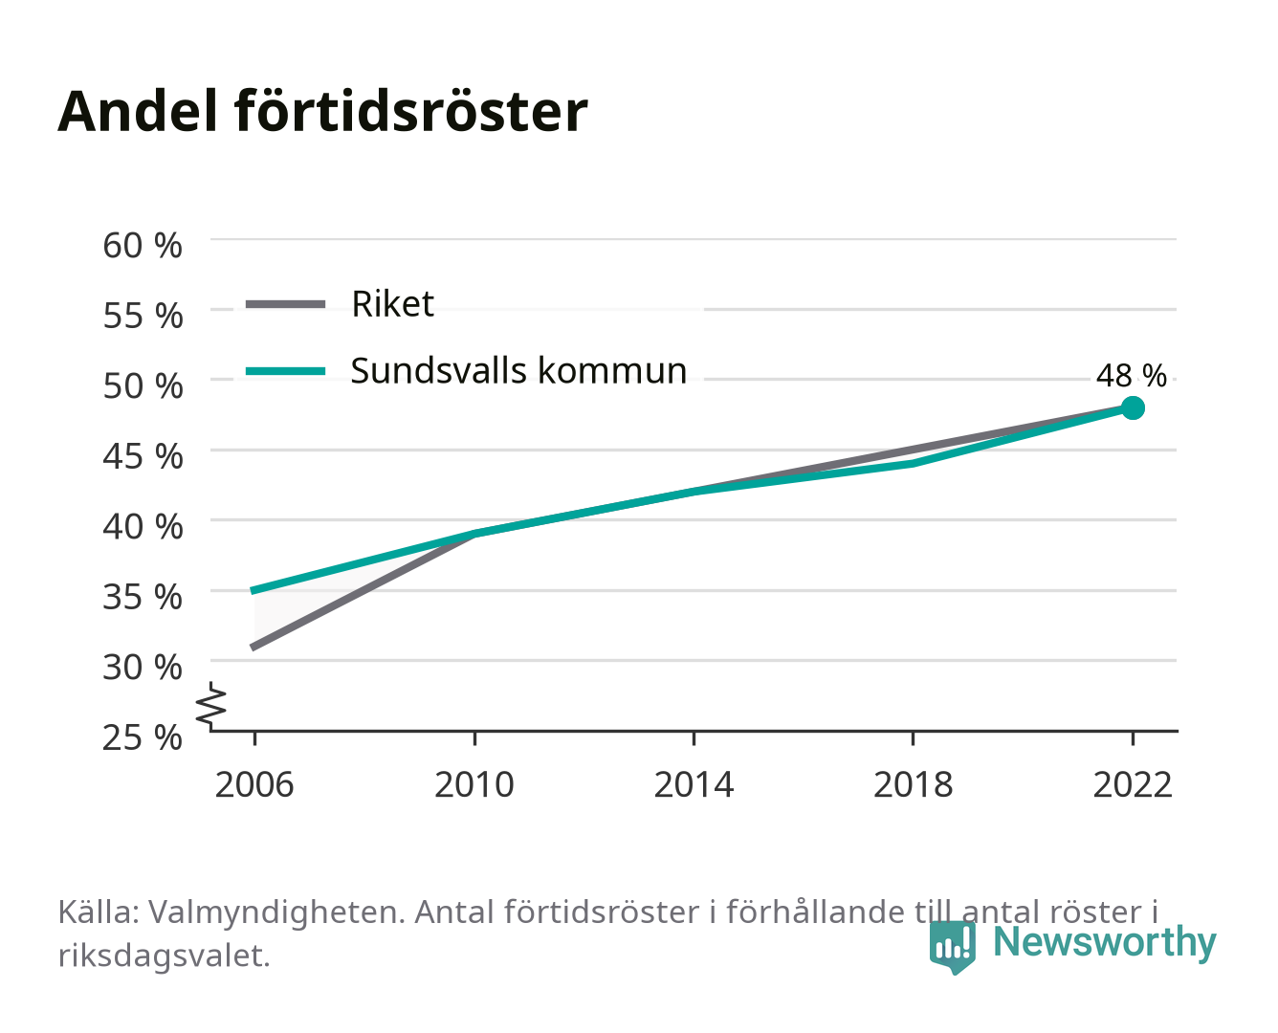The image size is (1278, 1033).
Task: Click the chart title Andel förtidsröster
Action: [x=322, y=111]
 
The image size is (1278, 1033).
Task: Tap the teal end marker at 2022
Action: [x=1133, y=407]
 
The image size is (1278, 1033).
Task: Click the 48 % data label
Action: [x=1131, y=376]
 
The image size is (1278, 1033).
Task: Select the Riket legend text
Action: [x=392, y=303]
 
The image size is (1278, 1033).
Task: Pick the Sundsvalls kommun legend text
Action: [x=518, y=370]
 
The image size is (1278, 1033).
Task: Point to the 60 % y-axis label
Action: [x=143, y=246]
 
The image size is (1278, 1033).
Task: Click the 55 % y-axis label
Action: [x=143, y=316]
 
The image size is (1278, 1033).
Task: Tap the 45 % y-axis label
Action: [x=143, y=456]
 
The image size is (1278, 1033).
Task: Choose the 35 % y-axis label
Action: [x=143, y=597]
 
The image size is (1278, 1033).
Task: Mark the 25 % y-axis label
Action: [x=143, y=737]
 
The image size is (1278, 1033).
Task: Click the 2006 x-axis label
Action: [x=254, y=784]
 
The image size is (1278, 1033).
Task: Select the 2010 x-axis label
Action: [x=474, y=784]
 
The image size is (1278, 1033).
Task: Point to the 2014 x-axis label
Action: [x=694, y=784]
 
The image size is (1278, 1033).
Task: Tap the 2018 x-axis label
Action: [x=913, y=784]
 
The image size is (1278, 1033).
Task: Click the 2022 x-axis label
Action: [x=1133, y=784]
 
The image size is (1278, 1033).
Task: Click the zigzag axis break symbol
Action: [x=211, y=706]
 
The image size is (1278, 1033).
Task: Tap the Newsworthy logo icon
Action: [x=953, y=947]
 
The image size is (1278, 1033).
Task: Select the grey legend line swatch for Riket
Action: [x=286, y=304]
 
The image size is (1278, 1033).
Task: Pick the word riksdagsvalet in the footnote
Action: [x=164, y=955]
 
